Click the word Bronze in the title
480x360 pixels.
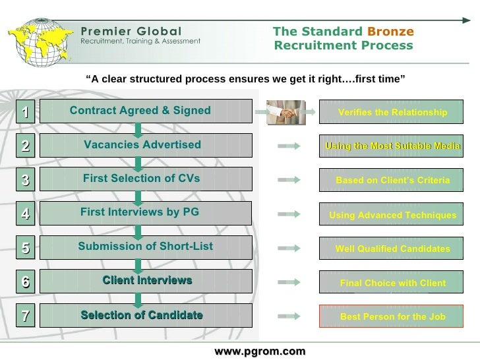tap(390, 32)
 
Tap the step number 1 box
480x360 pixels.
tap(24, 112)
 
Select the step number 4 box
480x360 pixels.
tap(24, 214)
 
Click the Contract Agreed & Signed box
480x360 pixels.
tap(146, 111)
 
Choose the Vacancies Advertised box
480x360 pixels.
tap(146, 145)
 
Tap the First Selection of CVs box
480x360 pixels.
tap(146, 179)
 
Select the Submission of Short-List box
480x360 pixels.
tap(146, 247)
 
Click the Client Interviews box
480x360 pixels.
tap(146, 281)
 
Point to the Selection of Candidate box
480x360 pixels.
tap(146, 315)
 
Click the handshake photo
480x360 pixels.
tap(285, 113)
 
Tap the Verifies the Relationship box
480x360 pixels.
tap(392, 113)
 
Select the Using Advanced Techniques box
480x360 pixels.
tap(392, 215)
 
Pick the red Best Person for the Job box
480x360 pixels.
tap(392, 317)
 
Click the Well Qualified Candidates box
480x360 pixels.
tap(392, 249)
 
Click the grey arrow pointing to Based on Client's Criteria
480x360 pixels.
tap(289, 180)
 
